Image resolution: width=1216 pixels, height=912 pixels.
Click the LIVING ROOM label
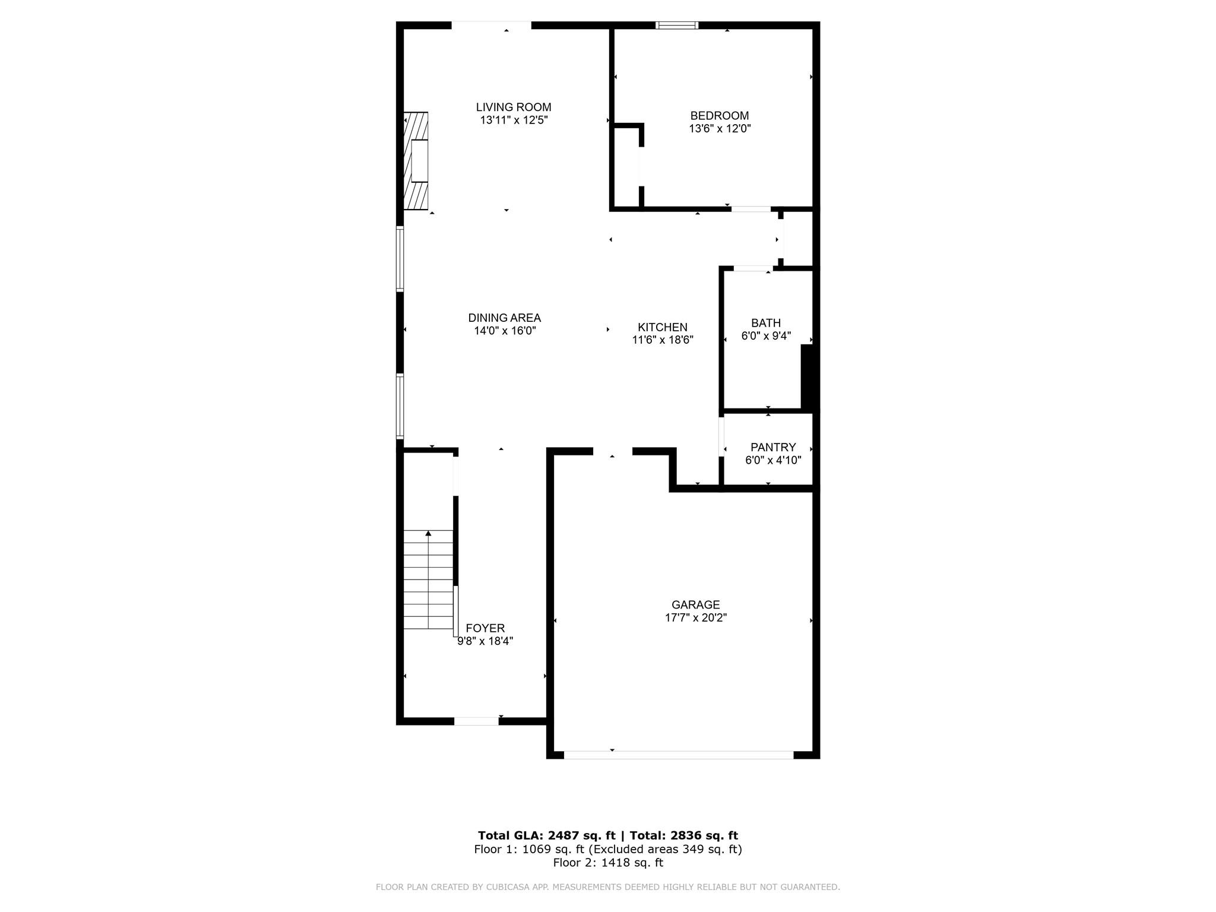[513, 107]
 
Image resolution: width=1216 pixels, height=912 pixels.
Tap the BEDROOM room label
[719, 116]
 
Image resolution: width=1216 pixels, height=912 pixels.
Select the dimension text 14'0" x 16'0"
[505, 331]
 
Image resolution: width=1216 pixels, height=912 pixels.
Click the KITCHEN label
[662, 327]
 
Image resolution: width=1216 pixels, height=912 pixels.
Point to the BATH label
[765, 323]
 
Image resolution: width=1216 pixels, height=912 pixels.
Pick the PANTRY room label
[772, 447]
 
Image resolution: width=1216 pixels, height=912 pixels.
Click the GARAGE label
[695, 604]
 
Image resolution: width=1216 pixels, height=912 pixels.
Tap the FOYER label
[485, 628]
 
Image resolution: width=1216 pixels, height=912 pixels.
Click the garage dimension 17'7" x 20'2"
[695, 617]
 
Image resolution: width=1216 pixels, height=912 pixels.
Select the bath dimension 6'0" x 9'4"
[765, 336]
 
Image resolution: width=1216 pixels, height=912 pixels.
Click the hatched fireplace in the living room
[416, 161]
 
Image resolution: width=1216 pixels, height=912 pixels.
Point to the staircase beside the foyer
[428, 579]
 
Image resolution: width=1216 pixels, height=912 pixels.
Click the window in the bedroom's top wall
[677, 26]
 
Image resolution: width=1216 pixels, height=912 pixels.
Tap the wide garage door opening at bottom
[678, 755]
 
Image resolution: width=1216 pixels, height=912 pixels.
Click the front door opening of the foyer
[476, 721]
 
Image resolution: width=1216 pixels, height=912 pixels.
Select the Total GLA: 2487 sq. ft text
[546, 835]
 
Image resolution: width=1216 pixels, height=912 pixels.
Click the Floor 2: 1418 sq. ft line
[607, 863]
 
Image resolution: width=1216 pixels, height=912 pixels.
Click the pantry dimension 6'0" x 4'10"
[772, 460]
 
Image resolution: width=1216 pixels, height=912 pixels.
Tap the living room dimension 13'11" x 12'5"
[513, 121]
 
